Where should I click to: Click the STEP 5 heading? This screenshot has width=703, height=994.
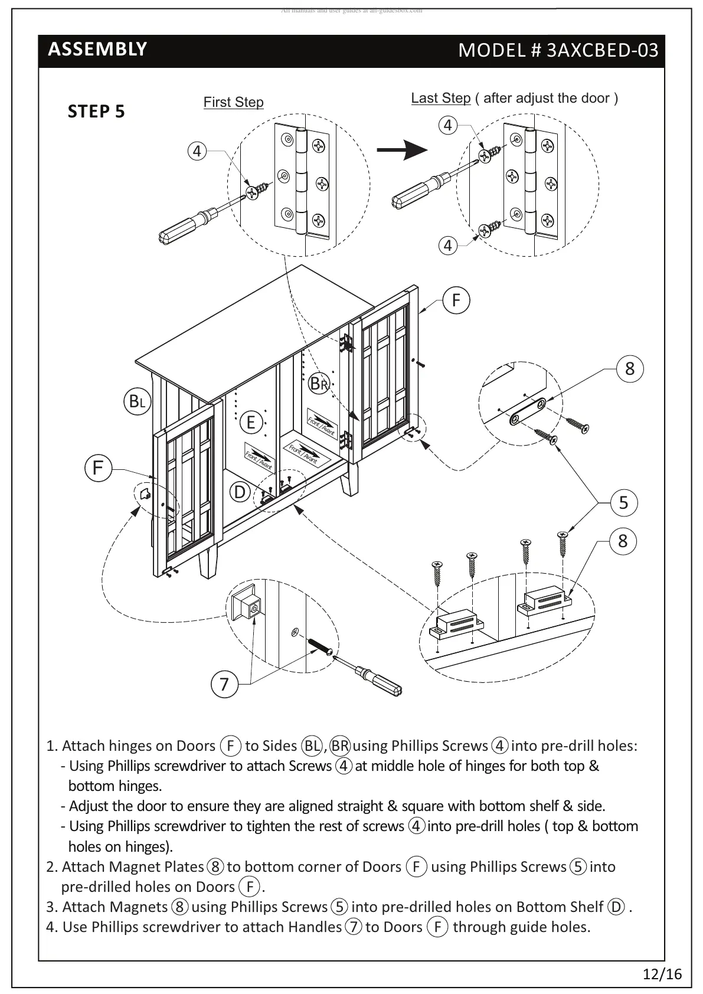96,112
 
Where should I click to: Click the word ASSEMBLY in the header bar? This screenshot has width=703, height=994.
97,49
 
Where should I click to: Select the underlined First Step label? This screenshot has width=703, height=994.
233,102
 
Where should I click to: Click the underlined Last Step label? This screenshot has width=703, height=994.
440,98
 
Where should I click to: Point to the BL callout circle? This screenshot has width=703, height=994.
137,402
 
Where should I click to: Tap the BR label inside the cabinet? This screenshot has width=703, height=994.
319,384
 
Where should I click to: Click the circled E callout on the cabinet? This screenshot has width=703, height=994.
251,422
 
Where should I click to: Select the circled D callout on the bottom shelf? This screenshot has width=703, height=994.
240,492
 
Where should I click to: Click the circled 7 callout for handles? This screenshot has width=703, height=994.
224,685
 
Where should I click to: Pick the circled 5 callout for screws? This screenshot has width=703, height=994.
624,503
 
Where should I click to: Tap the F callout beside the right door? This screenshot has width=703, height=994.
456,300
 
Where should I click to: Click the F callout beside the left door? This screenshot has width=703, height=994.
98,468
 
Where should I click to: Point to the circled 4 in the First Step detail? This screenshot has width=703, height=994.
197,151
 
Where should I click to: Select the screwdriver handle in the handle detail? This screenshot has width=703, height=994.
385,684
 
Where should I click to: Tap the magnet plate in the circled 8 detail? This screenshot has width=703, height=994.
528,411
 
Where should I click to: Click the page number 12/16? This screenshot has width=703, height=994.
662,974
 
